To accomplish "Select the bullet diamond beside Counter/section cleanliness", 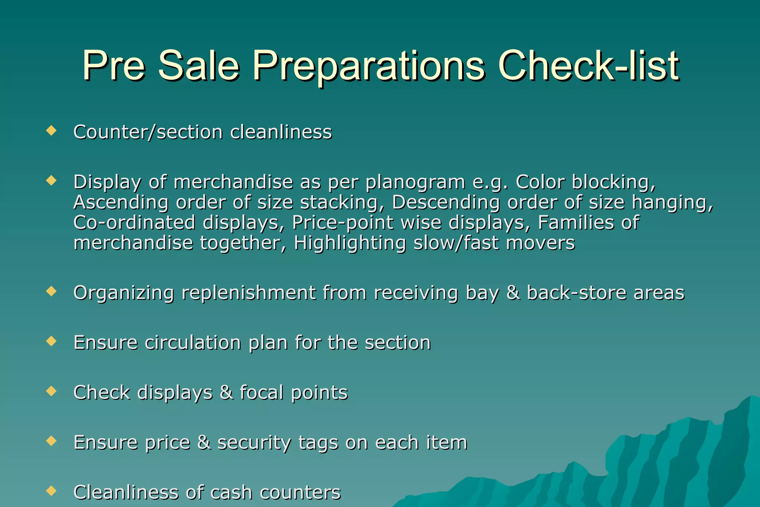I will coord(51,130).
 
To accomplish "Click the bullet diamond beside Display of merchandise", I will coord(51,181).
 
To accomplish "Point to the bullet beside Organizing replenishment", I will coord(51,291).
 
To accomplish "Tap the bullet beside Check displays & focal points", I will coord(51,391).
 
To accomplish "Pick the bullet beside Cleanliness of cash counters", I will coord(51,491).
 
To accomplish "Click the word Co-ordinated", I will coord(134,223).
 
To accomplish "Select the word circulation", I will coord(193,342).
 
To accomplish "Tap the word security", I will coord(254,443).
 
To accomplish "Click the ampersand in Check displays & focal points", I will coord(226,393).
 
